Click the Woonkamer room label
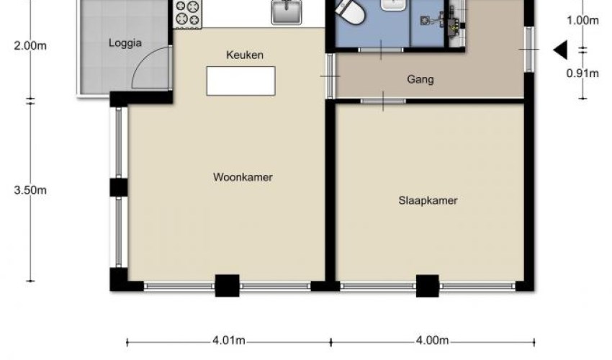pyautogui.click(x=243, y=177)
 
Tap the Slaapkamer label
pyautogui.click(x=428, y=201)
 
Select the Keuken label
pyautogui.click(x=245, y=55)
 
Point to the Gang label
pyautogui.click(x=420, y=80)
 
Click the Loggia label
pyautogui.click(x=125, y=43)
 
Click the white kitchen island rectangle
pyautogui.click(x=240, y=81)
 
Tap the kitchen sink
pyautogui.click(x=287, y=12)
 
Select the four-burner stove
pyautogui.click(x=187, y=14)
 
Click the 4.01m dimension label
pyautogui.click(x=229, y=341)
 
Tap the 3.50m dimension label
pyautogui.click(x=30, y=190)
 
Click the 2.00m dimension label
pyautogui.click(x=30, y=45)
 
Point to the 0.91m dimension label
pyautogui.click(x=582, y=73)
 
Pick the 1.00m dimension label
pyautogui.click(x=582, y=20)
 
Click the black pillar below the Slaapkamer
pyautogui.click(x=428, y=286)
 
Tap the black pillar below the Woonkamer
pyautogui.click(x=227, y=286)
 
